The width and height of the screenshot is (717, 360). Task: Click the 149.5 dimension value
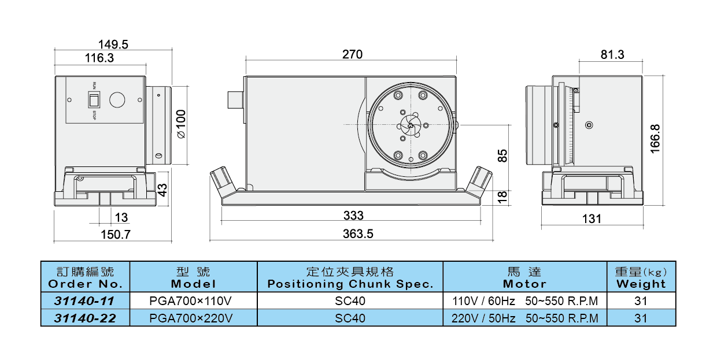point(113,44)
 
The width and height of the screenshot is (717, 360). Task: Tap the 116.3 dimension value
point(99,58)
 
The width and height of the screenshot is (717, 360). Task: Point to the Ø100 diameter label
point(181,124)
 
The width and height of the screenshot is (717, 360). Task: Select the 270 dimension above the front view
point(352,54)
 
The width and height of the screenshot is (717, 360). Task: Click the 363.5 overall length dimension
point(358,234)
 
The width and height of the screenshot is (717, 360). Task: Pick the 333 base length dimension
point(353,216)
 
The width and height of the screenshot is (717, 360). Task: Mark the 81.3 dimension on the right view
point(612,55)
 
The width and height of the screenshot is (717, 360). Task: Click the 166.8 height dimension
point(655,139)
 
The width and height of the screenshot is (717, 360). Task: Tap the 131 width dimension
point(592,219)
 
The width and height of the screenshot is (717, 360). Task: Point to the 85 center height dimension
point(502,156)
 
